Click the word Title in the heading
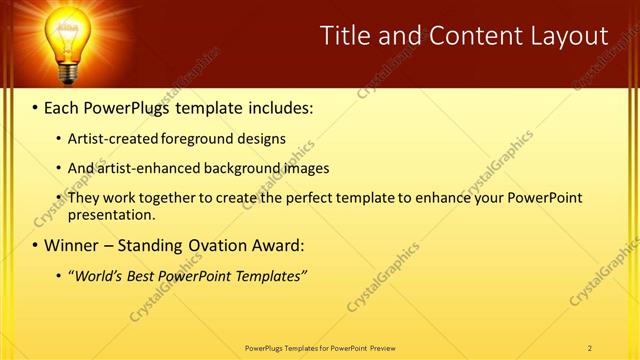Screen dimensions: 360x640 (345, 36)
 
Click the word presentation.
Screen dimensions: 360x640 (111, 214)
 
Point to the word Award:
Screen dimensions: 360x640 (276, 245)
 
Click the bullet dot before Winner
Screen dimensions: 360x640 (35, 246)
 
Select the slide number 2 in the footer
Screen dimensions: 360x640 (590, 347)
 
